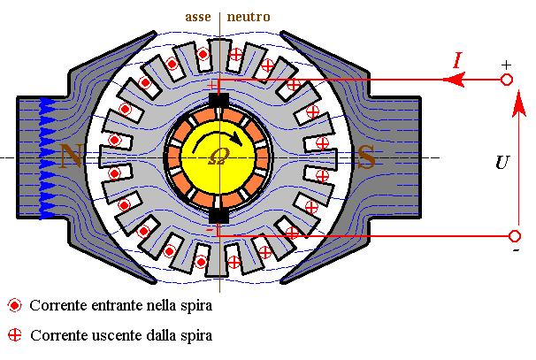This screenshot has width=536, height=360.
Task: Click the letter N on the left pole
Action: [x=71, y=157]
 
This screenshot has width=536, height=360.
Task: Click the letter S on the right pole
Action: [x=365, y=157]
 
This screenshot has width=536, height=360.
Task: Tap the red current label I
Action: [x=456, y=60]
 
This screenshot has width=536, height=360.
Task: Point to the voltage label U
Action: [x=502, y=163]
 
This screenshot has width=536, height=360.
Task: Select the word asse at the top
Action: [x=197, y=17]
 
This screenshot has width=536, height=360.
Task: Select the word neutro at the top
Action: [x=249, y=17]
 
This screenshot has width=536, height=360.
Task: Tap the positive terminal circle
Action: [x=507, y=80]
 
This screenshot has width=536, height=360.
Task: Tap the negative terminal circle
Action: [x=514, y=236]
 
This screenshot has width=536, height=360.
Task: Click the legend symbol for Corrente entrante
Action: [x=14, y=306]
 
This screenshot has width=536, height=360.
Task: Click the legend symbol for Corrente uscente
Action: [x=14, y=335]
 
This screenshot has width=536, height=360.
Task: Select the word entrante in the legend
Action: [x=114, y=306]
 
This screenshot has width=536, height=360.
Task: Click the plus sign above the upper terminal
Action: [x=506, y=65]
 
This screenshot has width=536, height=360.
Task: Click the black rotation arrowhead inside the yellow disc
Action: [x=237, y=138]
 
